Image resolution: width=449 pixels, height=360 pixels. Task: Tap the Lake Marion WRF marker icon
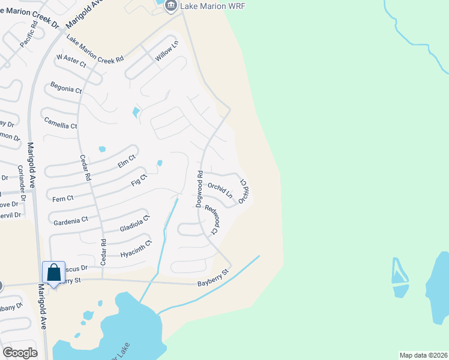[x=170, y=5]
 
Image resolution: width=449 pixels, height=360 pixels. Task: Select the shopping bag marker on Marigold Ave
[x=53, y=274]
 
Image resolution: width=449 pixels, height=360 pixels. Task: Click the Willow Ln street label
[x=167, y=50]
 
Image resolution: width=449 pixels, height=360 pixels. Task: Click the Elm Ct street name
[x=127, y=161]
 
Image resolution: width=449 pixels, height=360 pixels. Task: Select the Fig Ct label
[x=139, y=180]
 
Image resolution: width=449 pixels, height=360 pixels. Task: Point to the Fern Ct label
[x=63, y=197]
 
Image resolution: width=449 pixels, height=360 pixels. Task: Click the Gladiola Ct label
[x=134, y=224]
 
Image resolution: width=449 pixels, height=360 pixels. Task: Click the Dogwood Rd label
[x=199, y=189]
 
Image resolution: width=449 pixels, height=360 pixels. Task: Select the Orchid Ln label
[x=220, y=190]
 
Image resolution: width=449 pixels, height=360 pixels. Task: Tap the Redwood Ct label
[x=211, y=219]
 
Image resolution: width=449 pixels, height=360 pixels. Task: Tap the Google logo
[x=20, y=353]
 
